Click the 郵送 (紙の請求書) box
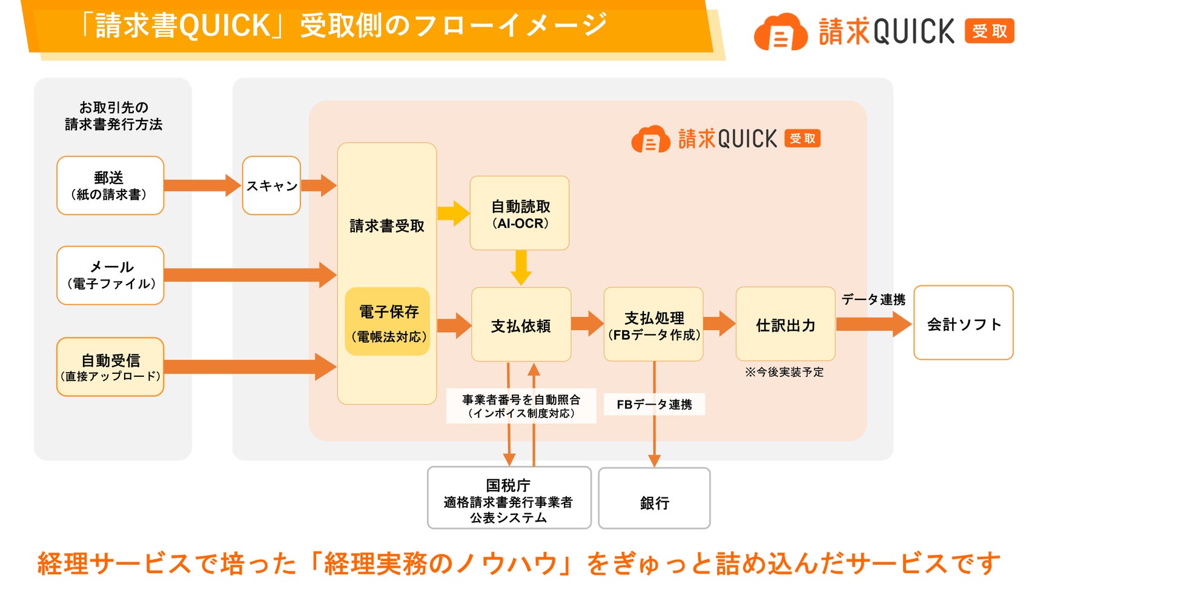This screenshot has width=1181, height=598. [110, 185]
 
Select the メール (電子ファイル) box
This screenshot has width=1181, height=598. [110, 275]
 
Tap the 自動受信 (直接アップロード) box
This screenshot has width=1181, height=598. [110, 367]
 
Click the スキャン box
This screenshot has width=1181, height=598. [271, 185]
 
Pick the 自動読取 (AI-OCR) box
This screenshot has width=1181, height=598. [520, 213]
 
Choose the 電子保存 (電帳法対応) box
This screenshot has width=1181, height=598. [388, 322]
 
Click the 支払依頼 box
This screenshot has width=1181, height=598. [521, 325]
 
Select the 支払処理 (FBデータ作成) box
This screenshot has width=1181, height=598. [654, 325]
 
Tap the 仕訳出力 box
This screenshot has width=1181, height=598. [786, 324]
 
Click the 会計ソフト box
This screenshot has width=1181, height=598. [964, 323]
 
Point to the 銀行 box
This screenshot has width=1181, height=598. [654, 498]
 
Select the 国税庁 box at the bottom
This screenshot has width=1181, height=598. [509, 498]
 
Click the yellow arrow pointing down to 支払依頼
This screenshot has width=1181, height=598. [521, 268]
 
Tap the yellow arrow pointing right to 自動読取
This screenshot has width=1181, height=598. [454, 213]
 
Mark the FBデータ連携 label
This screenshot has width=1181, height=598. [654, 404]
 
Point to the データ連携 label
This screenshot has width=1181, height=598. [873, 299]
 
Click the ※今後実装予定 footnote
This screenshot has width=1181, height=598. [784, 372]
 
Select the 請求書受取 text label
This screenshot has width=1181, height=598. [387, 226]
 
